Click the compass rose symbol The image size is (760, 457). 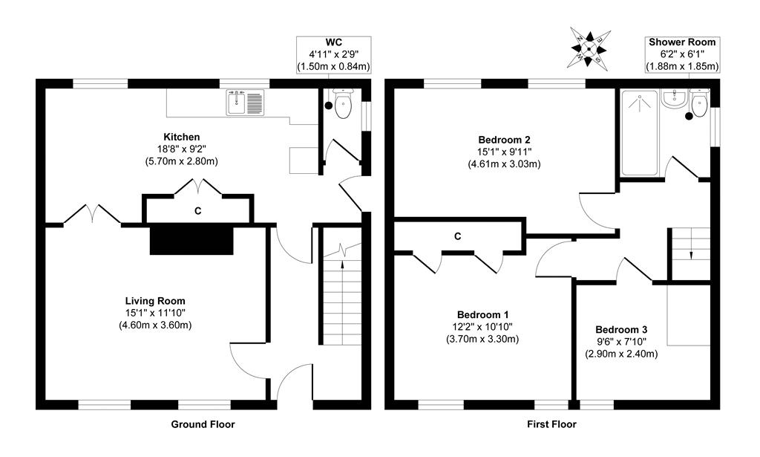589,48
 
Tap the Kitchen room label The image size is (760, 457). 181,137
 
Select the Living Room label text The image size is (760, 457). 155,301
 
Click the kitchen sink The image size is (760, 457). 246,103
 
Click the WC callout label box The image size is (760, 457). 334,55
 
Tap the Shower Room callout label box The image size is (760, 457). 682,55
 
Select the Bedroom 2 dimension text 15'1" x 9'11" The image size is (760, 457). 504,152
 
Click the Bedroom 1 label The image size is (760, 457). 482,314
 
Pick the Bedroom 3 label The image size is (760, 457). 621,329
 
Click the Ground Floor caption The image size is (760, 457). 203,424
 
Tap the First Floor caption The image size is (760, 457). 551,424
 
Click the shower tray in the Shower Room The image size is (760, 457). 639,132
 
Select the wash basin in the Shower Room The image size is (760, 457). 673,100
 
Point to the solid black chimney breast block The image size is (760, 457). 191,240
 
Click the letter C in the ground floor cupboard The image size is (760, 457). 197,211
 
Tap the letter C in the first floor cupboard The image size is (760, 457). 457,236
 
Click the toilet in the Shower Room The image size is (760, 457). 699,103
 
